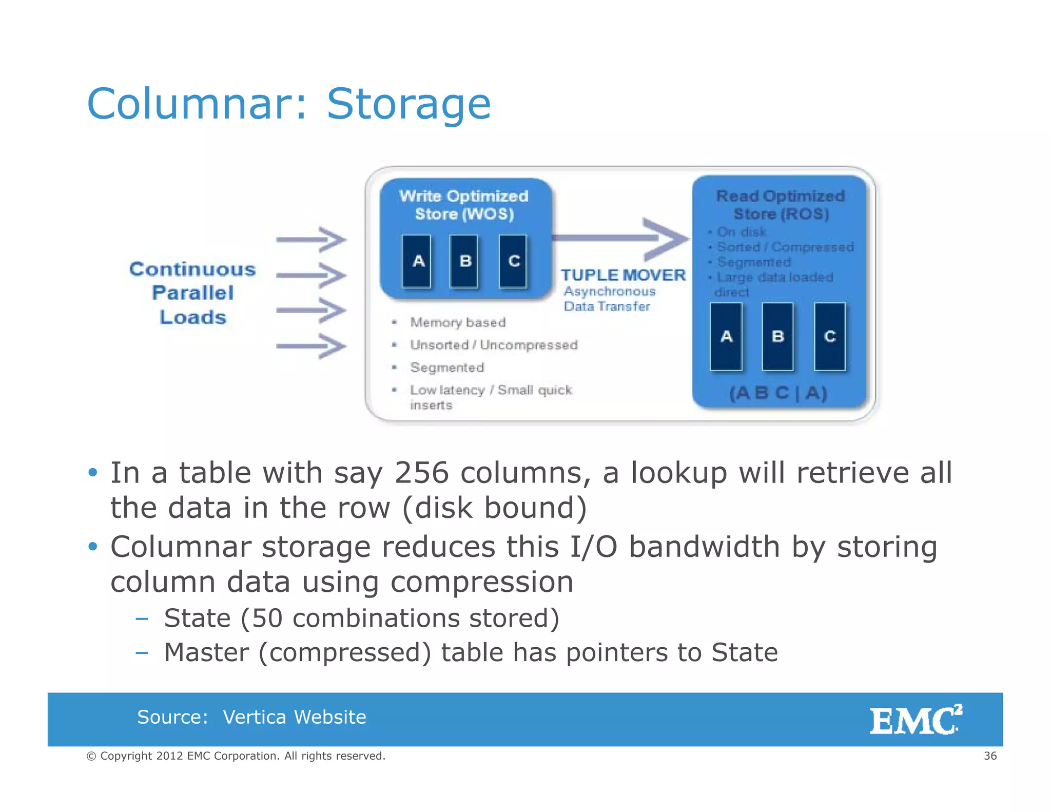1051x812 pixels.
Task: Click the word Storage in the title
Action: [408, 104]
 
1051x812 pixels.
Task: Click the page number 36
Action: [990, 756]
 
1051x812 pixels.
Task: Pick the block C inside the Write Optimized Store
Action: [513, 261]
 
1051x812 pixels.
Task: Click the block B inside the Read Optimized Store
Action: [777, 336]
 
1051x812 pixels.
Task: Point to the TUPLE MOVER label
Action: [622, 275]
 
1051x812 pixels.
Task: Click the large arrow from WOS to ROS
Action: [621, 238]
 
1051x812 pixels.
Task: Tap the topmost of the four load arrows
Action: [312, 239]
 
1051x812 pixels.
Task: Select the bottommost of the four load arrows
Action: [312, 346]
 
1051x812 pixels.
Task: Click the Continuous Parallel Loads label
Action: [192, 293]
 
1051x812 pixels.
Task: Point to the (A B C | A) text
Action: [778, 393]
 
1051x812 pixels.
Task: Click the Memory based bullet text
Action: [458, 322]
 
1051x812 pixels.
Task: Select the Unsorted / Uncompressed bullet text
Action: [494, 345]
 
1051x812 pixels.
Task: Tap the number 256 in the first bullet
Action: [421, 472]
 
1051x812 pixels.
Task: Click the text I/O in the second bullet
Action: [593, 547]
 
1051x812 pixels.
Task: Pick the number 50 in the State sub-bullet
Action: [267, 618]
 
